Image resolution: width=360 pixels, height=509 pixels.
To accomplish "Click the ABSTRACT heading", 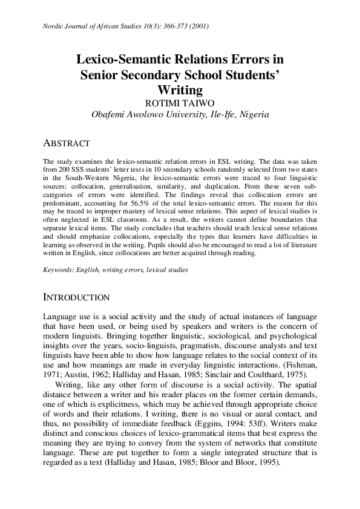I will pyautogui.click(x=67, y=143).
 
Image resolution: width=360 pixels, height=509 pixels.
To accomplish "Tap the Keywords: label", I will pyautogui.click(x=58, y=270).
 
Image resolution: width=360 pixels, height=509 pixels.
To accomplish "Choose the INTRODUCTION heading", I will pyautogui.click(x=76, y=297).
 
